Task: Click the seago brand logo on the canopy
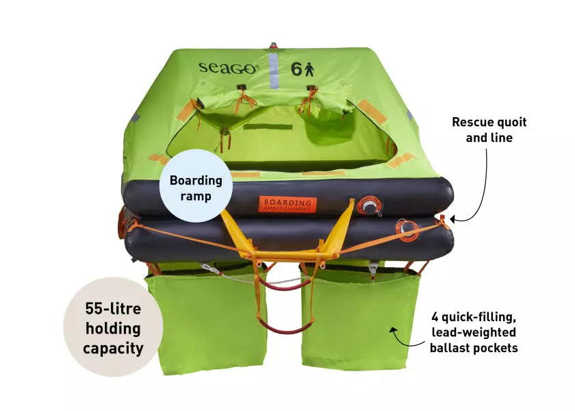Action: [228, 68]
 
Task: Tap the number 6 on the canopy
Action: [296, 68]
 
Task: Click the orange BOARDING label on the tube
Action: [287, 204]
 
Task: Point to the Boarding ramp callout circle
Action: [196, 186]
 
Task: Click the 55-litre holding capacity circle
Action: [113, 327]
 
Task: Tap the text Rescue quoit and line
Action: [489, 129]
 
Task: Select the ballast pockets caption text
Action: [474, 332]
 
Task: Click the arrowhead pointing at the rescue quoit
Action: [454, 219]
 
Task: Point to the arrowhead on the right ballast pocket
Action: [394, 331]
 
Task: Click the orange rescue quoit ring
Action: [407, 231]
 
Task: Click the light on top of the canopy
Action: [274, 47]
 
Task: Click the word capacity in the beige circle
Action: [114, 348]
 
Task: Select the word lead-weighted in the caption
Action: [474, 332]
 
